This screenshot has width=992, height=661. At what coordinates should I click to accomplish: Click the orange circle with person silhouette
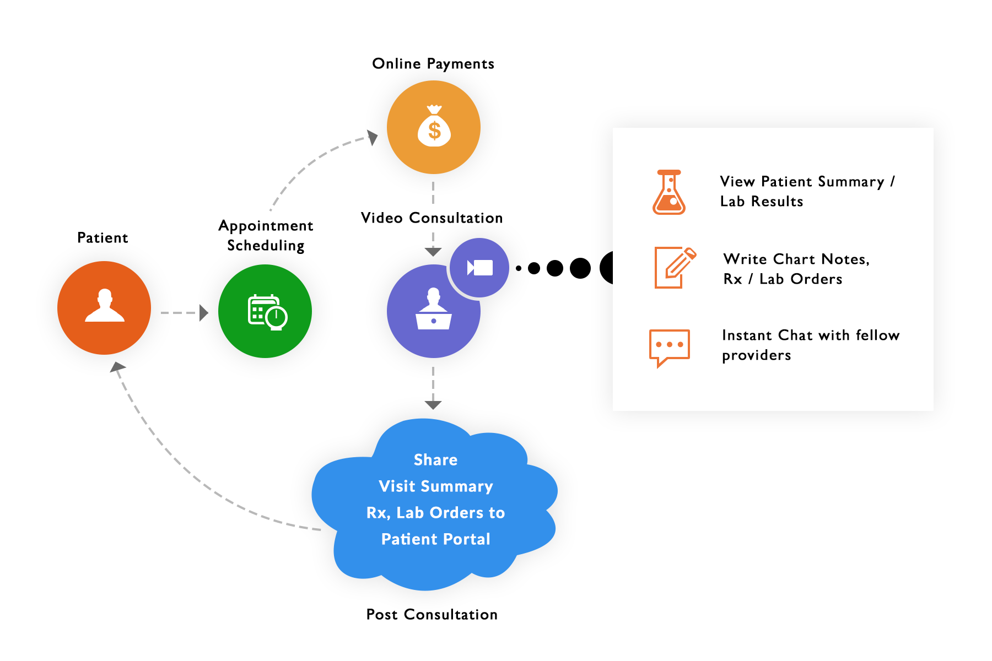pos(104,307)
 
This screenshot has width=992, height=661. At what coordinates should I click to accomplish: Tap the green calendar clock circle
pos(265,311)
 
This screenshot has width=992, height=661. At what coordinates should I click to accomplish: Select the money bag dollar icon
pos(434,127)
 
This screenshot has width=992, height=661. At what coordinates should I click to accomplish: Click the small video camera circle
pos(479,268)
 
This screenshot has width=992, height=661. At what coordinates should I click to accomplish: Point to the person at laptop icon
pos(434,311)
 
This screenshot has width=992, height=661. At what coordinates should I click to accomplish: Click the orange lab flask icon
pos(669,192)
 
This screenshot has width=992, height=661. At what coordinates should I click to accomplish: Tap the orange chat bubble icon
pos(669,347)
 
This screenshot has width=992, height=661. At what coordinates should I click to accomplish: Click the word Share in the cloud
pos(435,460)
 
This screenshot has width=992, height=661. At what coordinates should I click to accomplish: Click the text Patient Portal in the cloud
pos(435,539)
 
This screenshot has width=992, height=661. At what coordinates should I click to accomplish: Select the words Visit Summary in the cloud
pos(435,486)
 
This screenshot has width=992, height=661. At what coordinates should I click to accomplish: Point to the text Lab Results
pos(761,202)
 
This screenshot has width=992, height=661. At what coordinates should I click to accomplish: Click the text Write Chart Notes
pos(796,259)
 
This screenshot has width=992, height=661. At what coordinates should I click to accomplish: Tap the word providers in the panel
pos(756,355)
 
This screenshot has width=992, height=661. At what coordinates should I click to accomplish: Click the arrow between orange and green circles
pos(203,313)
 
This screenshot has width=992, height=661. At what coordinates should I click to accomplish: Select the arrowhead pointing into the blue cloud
pos(433,405)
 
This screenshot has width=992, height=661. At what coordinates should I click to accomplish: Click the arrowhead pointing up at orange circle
pos(117,369)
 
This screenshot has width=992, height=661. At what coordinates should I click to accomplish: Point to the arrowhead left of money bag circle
pos(373,137)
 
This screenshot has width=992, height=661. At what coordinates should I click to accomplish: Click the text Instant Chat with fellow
pos(810,335)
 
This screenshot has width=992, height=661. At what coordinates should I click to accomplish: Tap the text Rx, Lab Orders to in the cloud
pos(435,513)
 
